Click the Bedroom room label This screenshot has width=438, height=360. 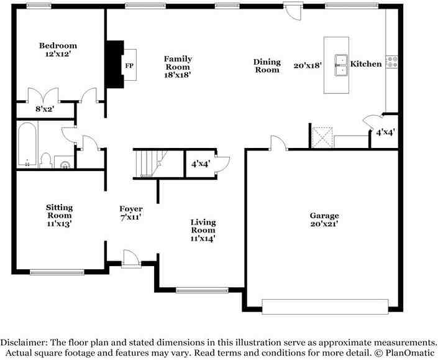(58, 45)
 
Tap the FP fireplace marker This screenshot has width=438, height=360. (129, 66)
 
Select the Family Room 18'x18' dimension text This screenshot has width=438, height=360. (177, 74)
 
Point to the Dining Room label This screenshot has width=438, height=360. (267, 66)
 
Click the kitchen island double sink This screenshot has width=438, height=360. (340, 65)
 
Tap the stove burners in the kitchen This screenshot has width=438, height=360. (393, 61)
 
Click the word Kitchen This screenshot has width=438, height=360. (366, 64)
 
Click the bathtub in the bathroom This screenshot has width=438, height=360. (27, 145)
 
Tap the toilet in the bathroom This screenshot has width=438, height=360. (45, 161)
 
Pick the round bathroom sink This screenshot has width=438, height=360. (65, 164)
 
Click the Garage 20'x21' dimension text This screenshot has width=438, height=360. (324, 224)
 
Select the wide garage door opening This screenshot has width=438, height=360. (326, 307)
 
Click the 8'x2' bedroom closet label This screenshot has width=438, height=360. (44, 109)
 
